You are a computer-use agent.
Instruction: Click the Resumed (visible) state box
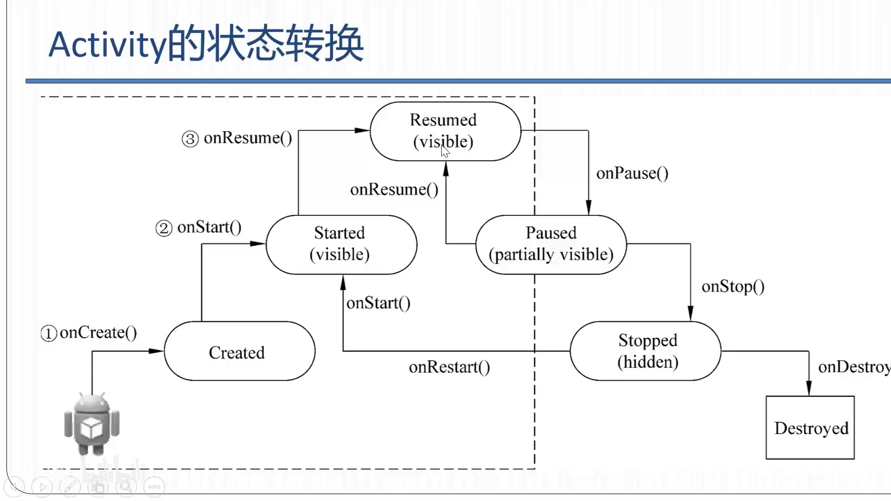[445, 131]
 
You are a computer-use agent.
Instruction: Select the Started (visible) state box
[341, 244]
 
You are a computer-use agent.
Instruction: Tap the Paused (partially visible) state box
[551, 244]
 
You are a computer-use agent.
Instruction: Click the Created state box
[239, 352]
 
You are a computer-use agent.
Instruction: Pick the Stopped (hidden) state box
[646, 351]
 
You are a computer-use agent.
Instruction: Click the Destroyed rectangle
[810, 427]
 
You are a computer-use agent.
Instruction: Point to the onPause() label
[632, 173]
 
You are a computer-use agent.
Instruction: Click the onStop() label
[733, 287]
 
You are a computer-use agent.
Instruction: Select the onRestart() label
[449, 367]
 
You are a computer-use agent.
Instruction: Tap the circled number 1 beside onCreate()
[49, 333]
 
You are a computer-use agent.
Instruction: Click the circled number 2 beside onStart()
[163, 228]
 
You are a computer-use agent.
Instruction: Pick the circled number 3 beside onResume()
[190, 139]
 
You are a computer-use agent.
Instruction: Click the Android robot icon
[92, 424]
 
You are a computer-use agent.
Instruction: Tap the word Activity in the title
[107, 45]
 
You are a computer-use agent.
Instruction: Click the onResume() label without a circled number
[394, 190]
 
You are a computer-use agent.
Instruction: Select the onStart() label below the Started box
[378, 303]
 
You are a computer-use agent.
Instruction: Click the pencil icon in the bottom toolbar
[70, 487]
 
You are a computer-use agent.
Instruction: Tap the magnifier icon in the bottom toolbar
[126, 487]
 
